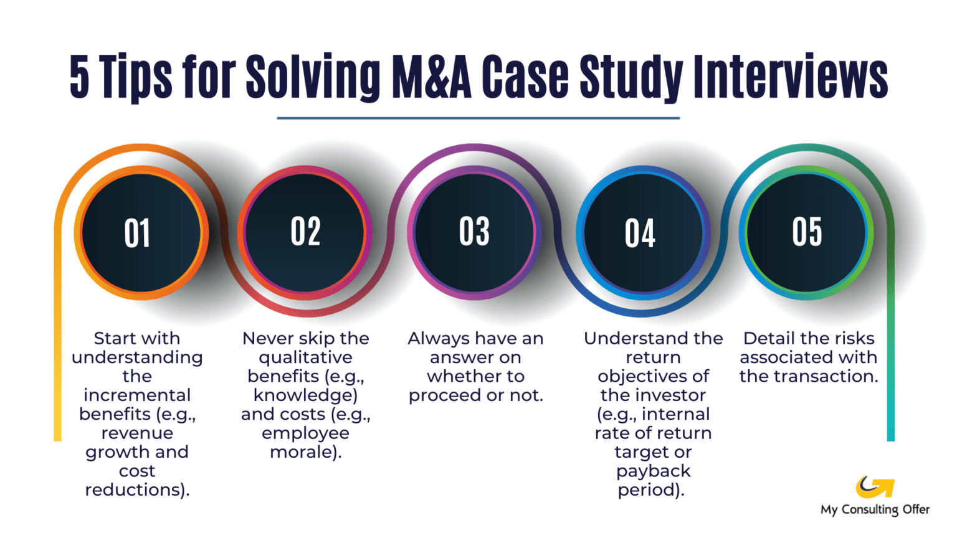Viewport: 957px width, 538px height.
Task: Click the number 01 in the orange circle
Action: [x=137, y=234]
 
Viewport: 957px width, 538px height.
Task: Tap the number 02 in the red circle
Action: [x=305, y=232]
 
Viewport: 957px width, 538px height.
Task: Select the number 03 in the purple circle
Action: [x=474, y=232]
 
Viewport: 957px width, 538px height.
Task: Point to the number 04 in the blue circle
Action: [x=640, y=234]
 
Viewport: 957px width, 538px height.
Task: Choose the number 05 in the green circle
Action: [x=807, y=232]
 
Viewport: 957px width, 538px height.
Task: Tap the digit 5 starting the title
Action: [x=79, y=77]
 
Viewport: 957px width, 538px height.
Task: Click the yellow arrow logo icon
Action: [x=874, y=486]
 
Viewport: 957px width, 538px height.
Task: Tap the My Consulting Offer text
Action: [x=875, y=509]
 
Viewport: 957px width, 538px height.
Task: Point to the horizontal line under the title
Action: [x=478, y=118]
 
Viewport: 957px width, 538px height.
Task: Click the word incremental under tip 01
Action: [x=137, y=395]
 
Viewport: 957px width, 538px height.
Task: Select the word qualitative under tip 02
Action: [x=305, y=358]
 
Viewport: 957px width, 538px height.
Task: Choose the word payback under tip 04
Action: [x=653, y=471]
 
